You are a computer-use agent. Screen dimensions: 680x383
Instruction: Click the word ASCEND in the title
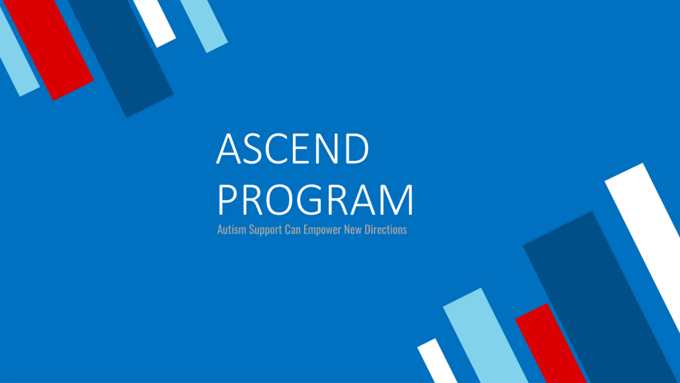[293, 148]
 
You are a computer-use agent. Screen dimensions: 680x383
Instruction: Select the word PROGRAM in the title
[315, 199]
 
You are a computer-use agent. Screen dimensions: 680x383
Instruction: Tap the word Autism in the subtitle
[232, 230]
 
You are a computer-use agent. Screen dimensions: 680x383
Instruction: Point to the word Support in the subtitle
[265, 230]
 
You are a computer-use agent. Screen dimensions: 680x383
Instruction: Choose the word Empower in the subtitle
[322, 230]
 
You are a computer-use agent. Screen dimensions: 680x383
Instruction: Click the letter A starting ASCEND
[228, 148]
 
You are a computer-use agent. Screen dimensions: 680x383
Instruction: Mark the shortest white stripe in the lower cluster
[437, 361]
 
